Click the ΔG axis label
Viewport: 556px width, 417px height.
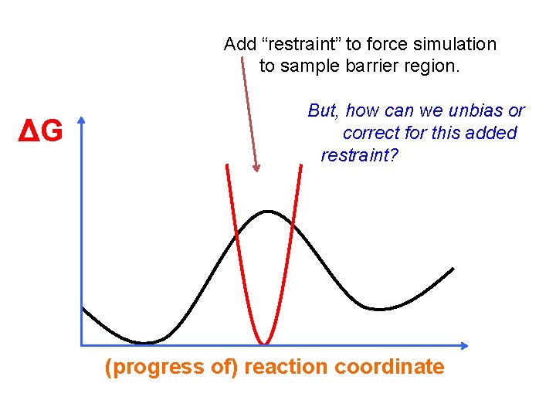(x=40, y=132)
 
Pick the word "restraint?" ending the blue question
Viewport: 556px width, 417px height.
(x=359, y=155)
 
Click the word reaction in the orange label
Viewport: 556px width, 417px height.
(x=286, y=367)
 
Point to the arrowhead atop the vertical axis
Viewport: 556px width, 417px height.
(x=80, y=121)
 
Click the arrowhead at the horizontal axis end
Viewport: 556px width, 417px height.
(x=464, y=344)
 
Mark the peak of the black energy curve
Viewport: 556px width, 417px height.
(x=267, y=211)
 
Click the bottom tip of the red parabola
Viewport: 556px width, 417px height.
(x=264, y=343)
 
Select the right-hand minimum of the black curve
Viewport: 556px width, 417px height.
(x=378, y=309)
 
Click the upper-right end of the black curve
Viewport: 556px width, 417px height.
(x=453, y=269)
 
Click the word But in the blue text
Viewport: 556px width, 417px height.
(x=323, y=110)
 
